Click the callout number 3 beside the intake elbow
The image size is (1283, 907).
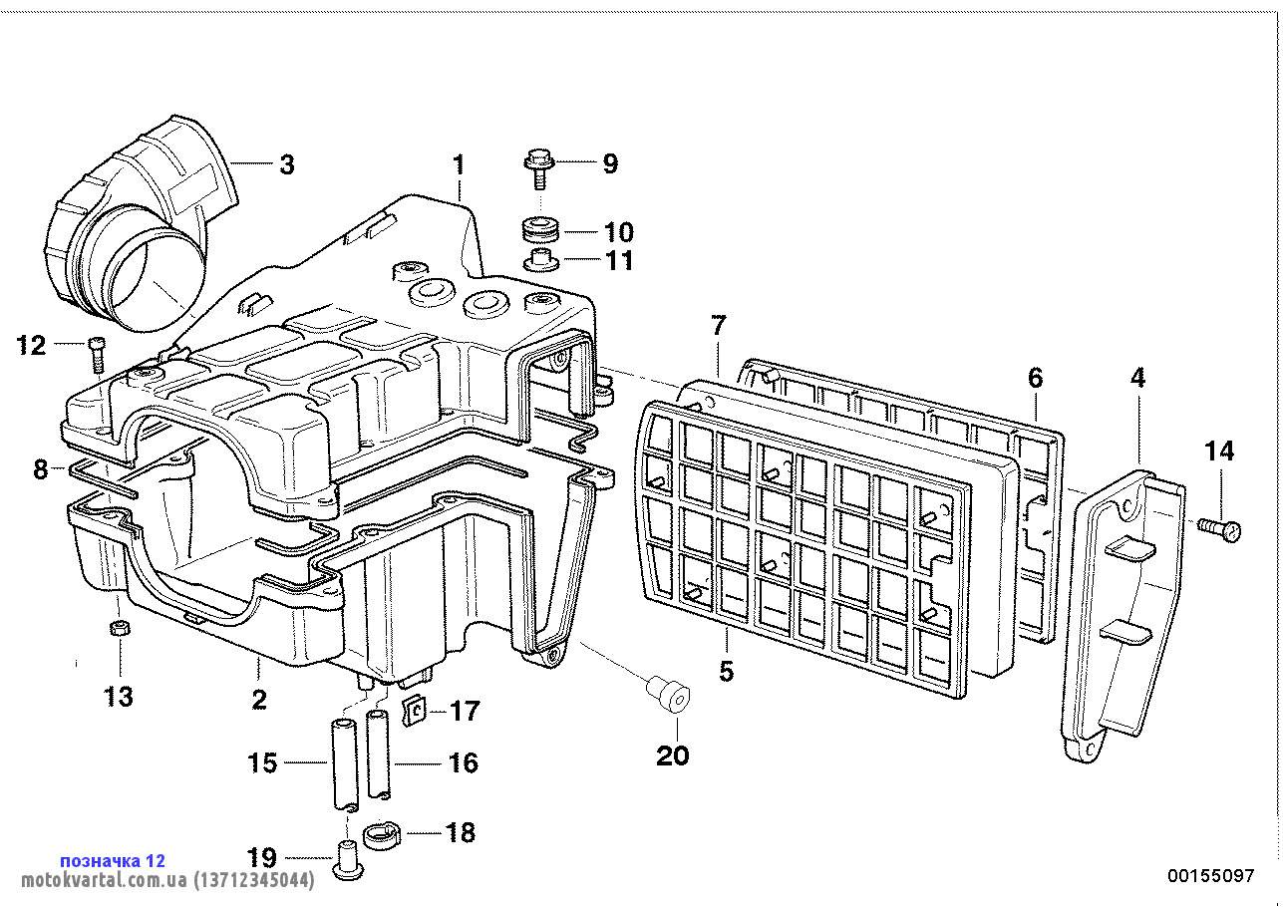point(286,164)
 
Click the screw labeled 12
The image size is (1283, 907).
point(96,353)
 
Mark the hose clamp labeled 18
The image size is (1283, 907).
point(380,833)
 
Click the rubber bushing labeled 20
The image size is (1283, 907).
point(667,691)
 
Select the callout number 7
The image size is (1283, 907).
point(719,324)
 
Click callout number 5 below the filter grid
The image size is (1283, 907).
point(726,671)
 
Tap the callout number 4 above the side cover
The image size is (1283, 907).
point(1137,378)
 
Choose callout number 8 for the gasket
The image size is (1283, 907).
point(41,468)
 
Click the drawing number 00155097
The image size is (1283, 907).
point(1210,876)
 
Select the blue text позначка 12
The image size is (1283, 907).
point(113,860)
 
